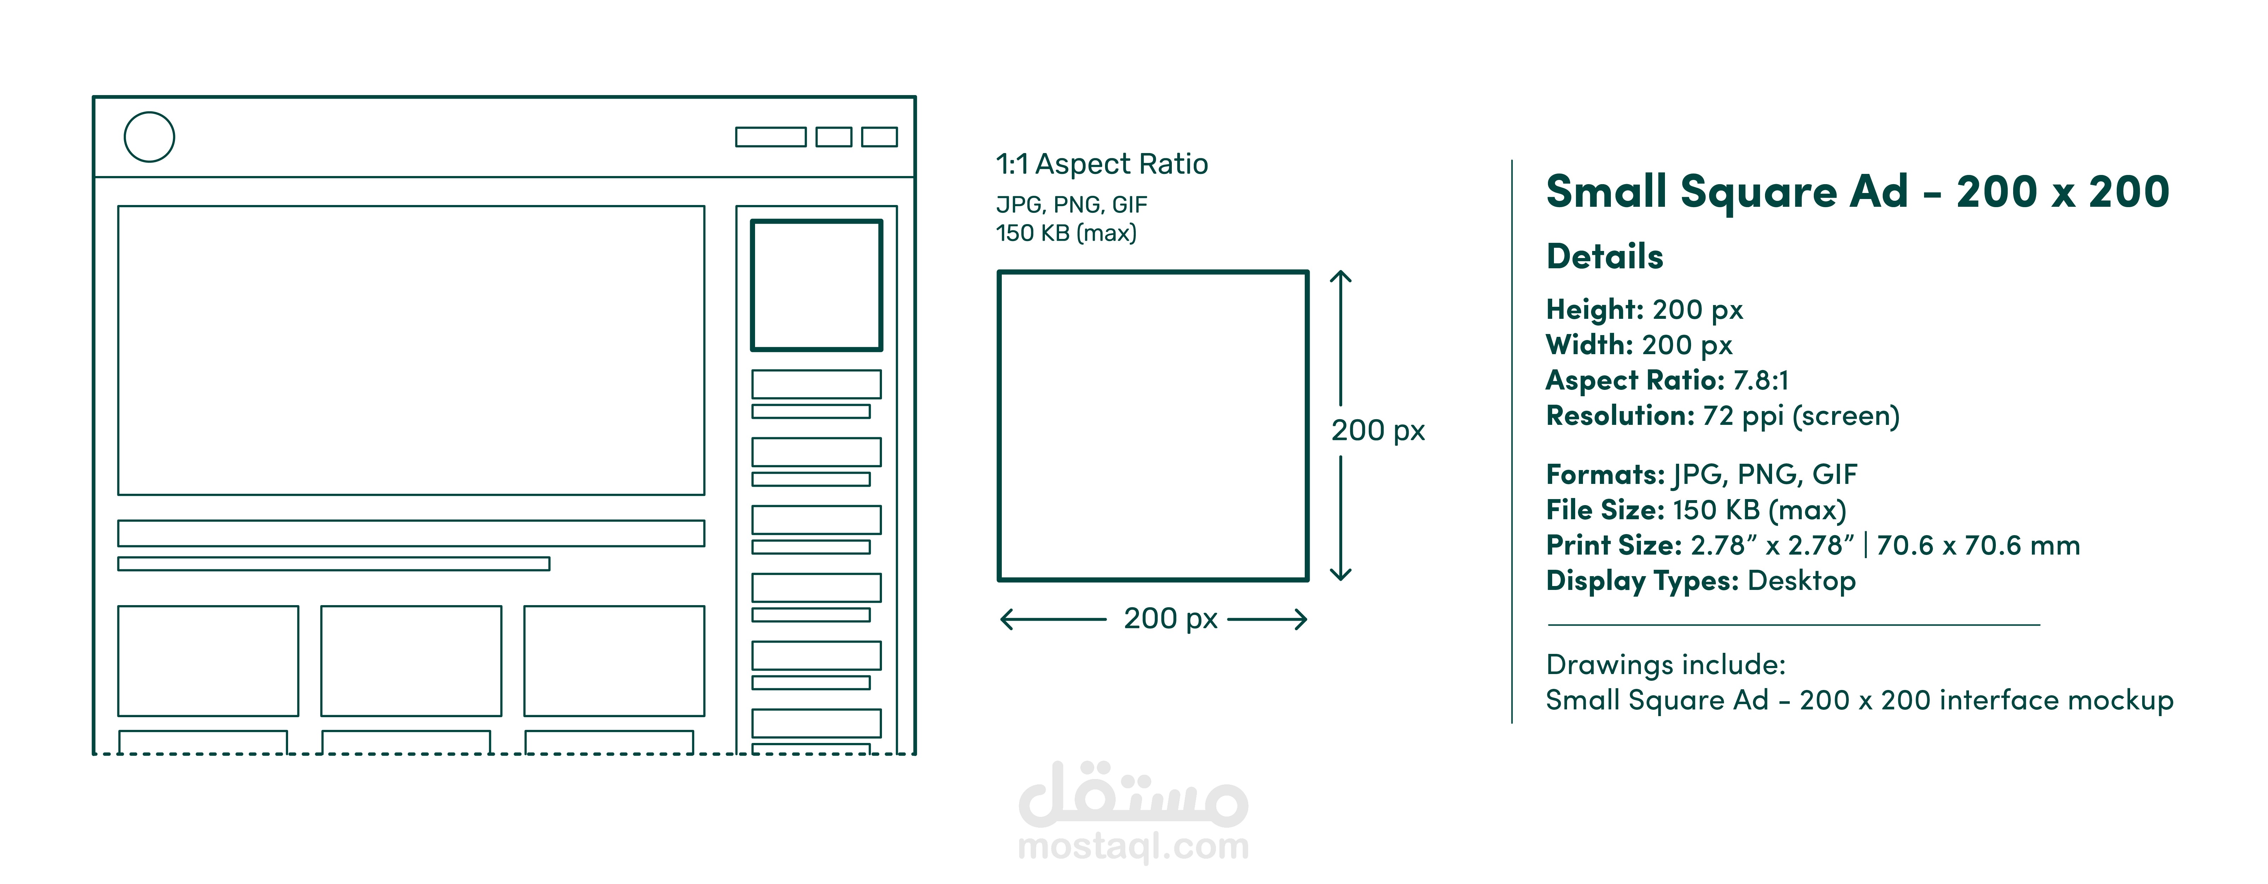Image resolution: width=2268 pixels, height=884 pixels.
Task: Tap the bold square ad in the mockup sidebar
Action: (816, 222)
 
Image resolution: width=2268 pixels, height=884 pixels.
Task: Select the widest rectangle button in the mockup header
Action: (770, 129)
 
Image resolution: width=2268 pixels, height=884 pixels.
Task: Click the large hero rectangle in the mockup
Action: (411, 207)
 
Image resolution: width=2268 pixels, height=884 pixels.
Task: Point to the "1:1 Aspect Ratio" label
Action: (1101, 164)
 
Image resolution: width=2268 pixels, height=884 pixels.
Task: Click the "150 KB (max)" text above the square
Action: (1066, 233)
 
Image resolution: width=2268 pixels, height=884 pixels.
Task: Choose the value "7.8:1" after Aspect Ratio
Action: (1761, 380)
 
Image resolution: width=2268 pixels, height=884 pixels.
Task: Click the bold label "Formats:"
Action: (1605, 475)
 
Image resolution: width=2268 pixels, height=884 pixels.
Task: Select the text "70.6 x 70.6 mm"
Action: (1978, 546)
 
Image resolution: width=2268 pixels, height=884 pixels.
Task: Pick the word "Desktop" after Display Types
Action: (1801, 581)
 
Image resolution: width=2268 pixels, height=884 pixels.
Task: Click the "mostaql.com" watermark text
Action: (1133, 847)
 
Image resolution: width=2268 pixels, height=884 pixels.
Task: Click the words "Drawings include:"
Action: (1666, 665)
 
